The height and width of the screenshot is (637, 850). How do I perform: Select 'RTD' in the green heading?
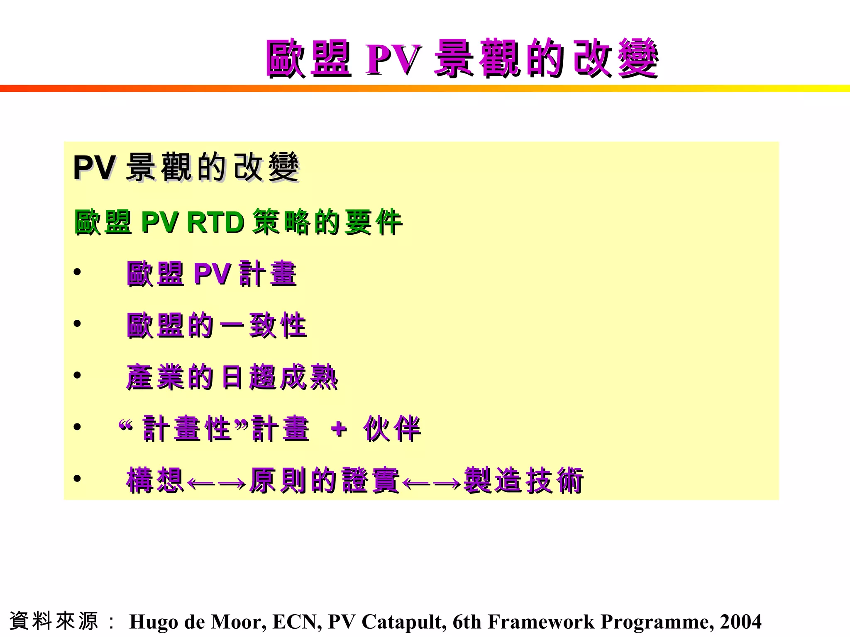(215, 222)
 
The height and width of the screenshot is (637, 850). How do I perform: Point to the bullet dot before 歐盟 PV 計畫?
(77, 272)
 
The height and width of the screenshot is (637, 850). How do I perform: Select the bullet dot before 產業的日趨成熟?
(77, 375)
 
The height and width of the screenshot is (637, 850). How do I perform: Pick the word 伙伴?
(392, 429)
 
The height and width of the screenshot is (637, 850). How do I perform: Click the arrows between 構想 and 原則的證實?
(217, 483)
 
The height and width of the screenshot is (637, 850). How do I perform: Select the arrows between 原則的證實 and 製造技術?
(432, 483)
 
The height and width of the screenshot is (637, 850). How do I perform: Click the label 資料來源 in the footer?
(54, 621)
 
